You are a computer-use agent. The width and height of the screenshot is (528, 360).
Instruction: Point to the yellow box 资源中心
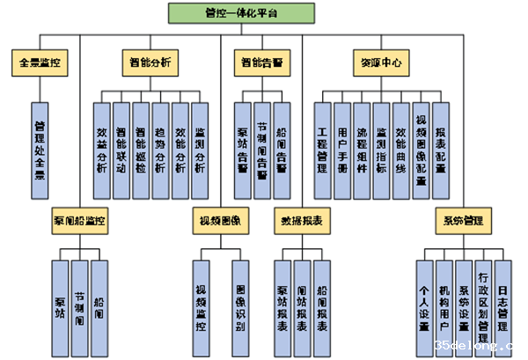(x=381, y=62)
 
